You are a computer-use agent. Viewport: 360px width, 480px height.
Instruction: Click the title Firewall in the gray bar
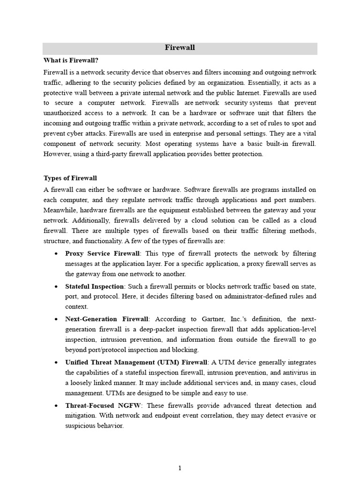point(180,48)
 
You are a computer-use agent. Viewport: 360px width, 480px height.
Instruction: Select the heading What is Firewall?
point(71,60)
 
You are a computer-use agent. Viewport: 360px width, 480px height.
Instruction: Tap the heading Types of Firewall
point(70,178)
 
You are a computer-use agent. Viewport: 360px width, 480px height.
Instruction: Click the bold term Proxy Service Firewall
point(102,254)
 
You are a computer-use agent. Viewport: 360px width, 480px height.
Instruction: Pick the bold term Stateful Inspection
point(94,286)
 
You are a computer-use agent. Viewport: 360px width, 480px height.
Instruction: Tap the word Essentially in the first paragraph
point(252,82)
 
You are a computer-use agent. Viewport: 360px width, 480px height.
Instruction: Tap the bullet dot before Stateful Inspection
point(56,286)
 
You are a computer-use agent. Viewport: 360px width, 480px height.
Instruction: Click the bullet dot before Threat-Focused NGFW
point(56,406)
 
